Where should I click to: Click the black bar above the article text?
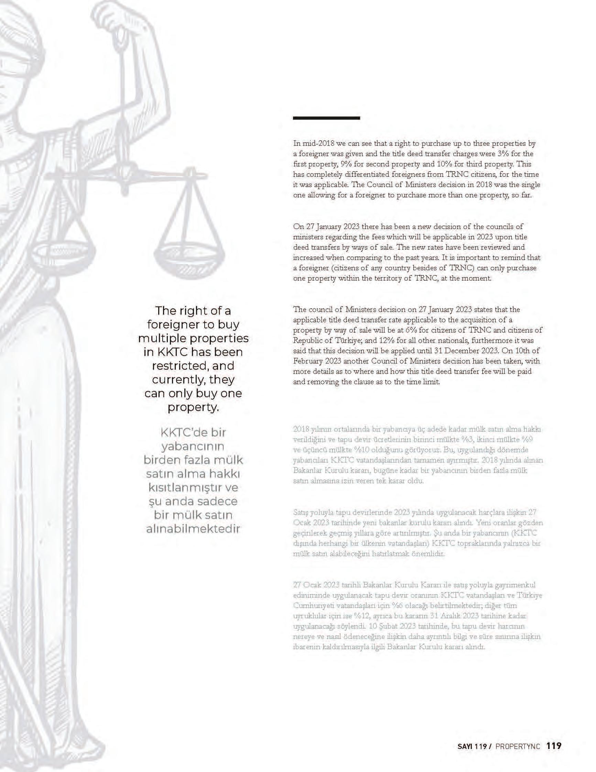[326, 118]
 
